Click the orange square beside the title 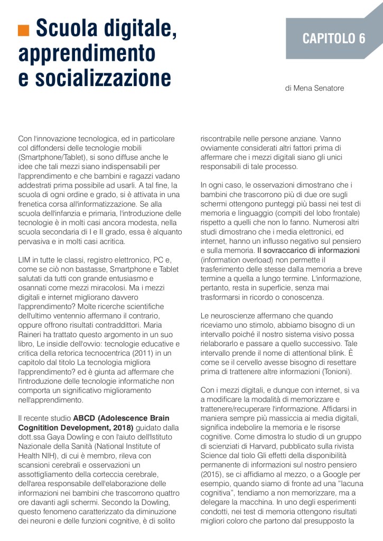pos(24,31)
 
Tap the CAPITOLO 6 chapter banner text pos(333,39)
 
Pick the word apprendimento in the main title pos(87,53)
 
